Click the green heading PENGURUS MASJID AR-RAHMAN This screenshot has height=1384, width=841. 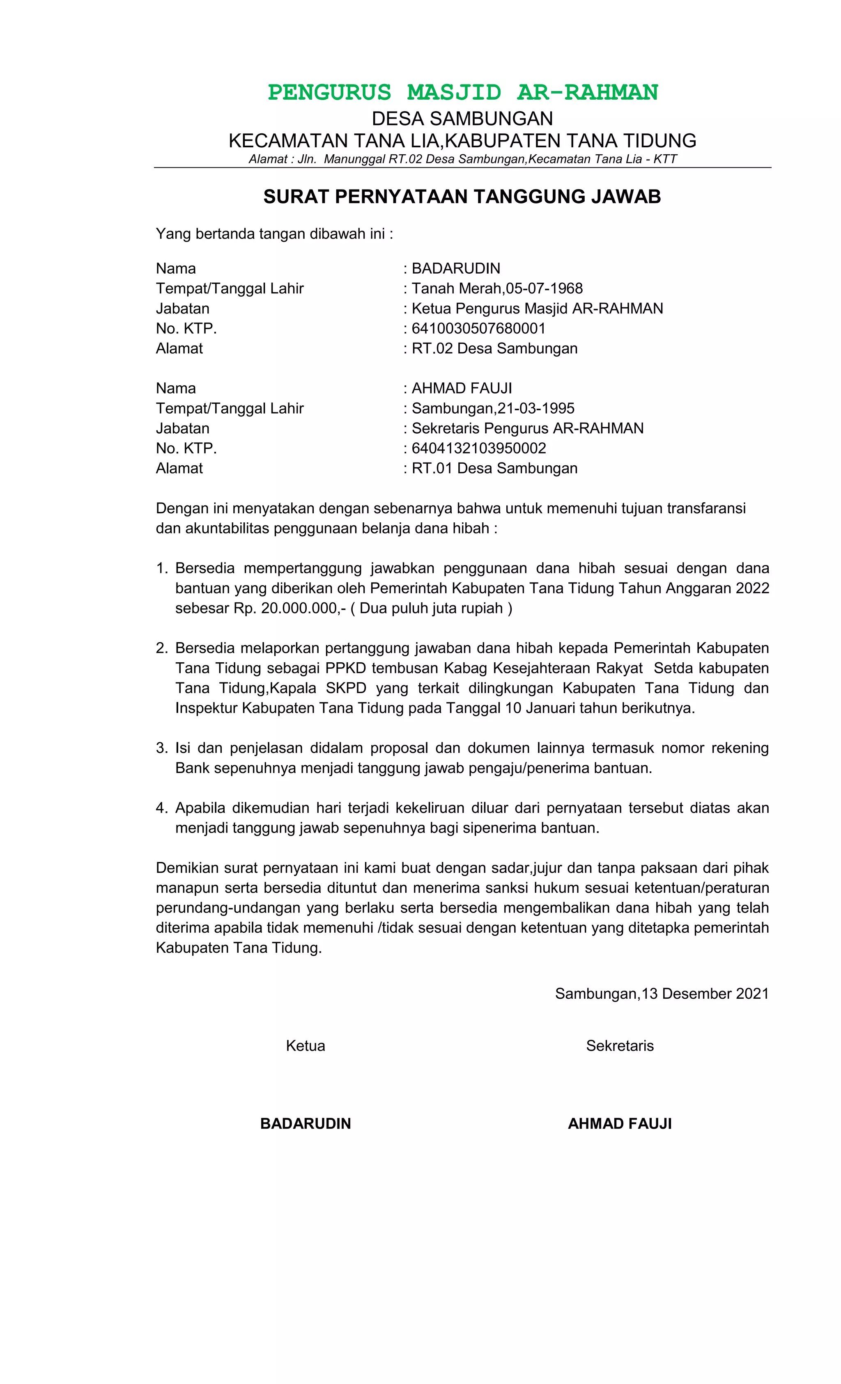coord(462,92)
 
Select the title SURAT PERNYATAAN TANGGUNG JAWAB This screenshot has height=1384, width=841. coord(462,197)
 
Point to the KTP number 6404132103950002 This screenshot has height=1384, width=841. coord(478,448)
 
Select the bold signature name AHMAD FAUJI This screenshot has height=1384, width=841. coord(620,1123)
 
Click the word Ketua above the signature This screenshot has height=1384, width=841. coord(305,1045)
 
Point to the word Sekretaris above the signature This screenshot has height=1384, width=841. coord(620,1045)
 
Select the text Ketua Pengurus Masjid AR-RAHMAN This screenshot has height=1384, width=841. coord(537,309)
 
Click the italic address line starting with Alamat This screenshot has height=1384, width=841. coord(462,159)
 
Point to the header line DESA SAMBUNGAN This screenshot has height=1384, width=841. coord(462,119)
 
